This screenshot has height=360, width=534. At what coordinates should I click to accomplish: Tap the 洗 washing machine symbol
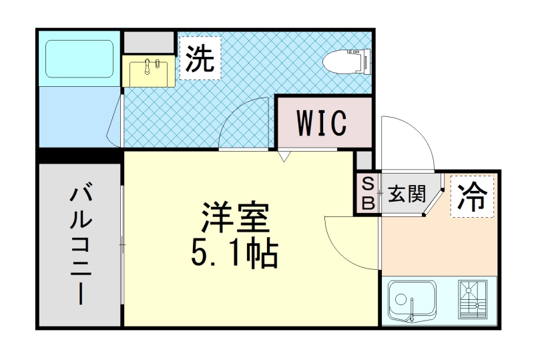(x=200, y=59)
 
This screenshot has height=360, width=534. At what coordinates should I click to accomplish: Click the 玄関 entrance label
(x=407, y=194)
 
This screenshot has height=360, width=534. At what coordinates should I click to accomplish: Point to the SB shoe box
(x=366, y=193)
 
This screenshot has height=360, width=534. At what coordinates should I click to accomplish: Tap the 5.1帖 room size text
(x=234, y=252)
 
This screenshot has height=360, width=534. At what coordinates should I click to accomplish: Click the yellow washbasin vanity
(x=149, y=70)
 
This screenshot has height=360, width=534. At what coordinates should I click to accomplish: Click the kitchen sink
(x=412, y=301)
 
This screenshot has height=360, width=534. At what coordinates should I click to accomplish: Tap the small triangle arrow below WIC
(x=283, y=157)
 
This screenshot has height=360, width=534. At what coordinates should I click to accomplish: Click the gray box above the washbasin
(x=149, y=42)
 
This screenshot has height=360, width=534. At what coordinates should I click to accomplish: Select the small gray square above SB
(x=364, y=160)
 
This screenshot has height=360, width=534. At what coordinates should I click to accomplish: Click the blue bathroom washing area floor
(x=79, y=117)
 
